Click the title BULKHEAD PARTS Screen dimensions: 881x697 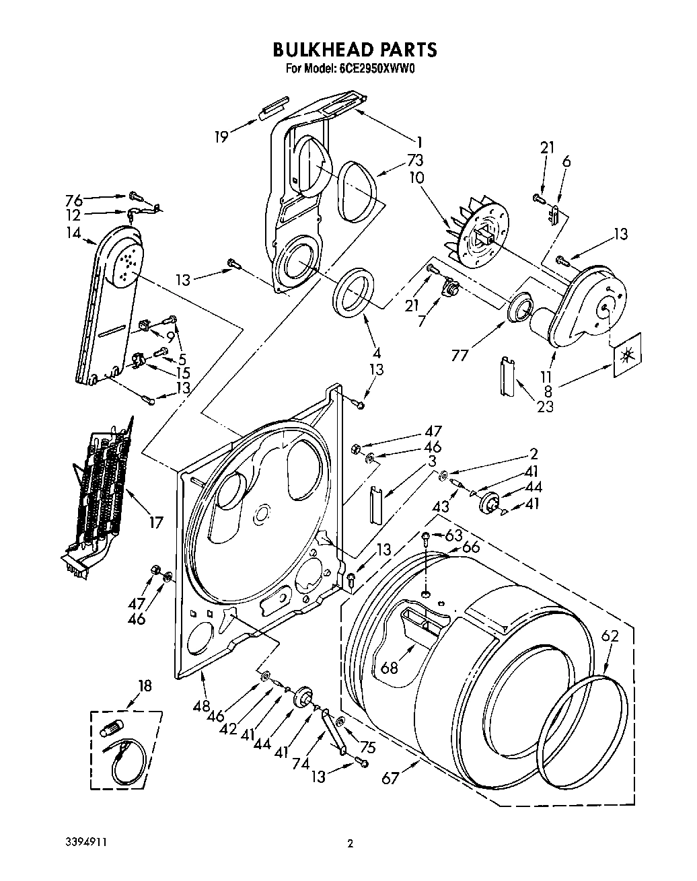coord(355,49)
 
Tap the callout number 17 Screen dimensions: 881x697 coord(155,521)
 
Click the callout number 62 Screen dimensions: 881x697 coord(610,636)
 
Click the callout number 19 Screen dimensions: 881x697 coord(221,137)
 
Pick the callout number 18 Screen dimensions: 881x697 coord(145,686)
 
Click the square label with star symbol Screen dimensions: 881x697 coord(626,349)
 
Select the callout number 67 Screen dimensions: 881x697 coord(390,778)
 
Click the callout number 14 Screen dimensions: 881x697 coord(73,233)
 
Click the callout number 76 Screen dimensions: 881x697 coord(74,200)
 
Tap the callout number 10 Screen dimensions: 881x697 coord(416,178)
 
